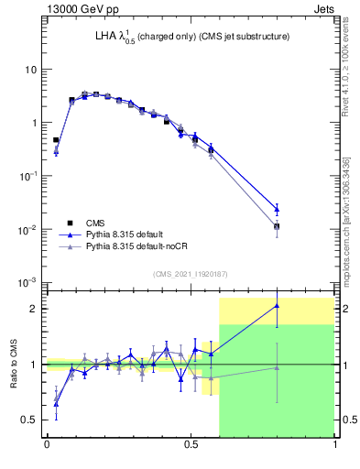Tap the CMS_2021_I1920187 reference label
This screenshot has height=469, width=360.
click(x=190, y=273)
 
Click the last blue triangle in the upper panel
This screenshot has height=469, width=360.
click(x=277, y=209)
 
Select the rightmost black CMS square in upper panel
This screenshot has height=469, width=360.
click(x=277, y=226)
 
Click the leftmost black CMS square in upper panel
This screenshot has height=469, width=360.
click(x=56, y=140)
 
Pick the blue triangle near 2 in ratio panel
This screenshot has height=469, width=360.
click(x=277, y=306)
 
